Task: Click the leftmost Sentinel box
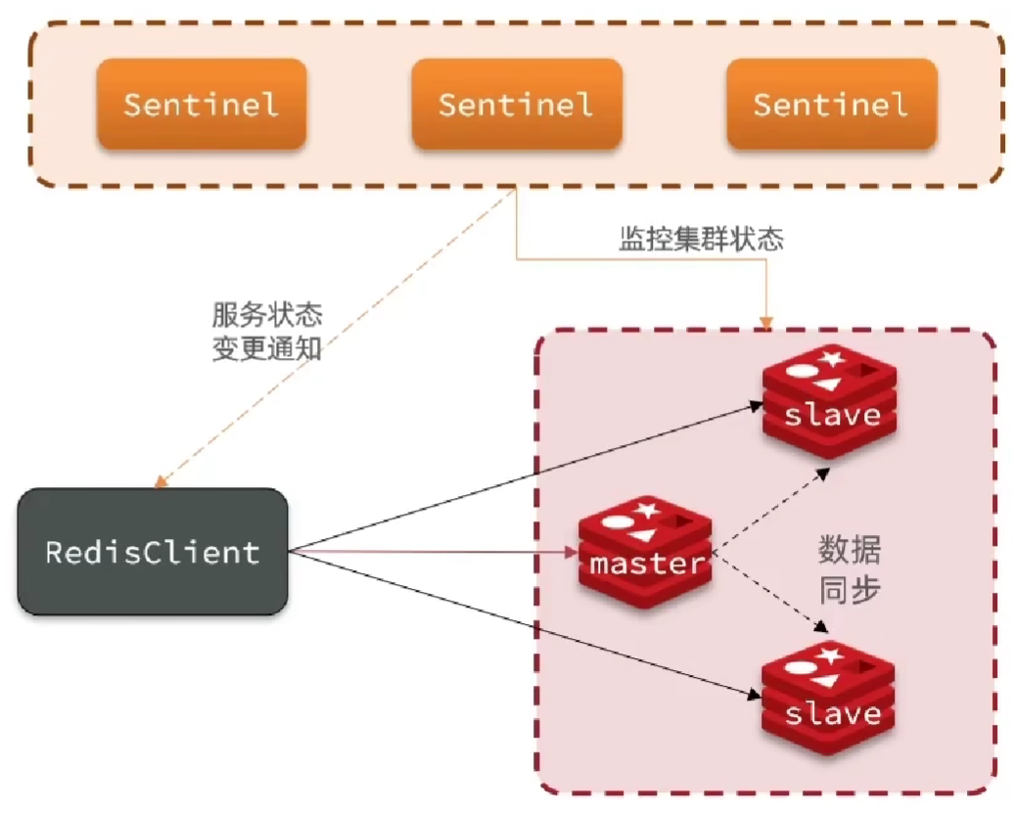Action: click(201, 104)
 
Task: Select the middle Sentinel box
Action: click(516, 104)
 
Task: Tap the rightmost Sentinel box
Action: click(831, 104)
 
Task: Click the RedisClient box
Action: click(153, 552)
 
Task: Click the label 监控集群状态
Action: click(701, 240)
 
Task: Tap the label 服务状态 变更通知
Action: click(267, 331)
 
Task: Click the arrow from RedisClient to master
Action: click(431, 553)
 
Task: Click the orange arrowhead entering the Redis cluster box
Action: click(766, 321)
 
